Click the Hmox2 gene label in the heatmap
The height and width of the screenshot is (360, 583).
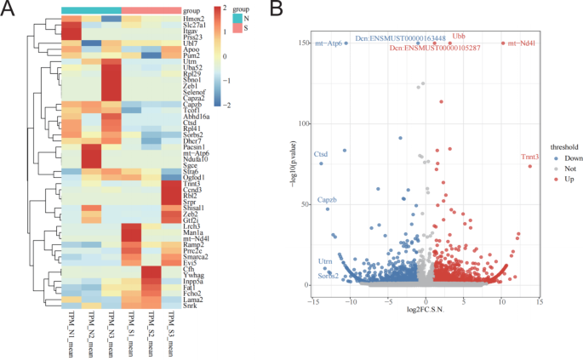point(193,18)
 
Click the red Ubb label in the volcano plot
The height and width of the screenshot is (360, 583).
point(458,37)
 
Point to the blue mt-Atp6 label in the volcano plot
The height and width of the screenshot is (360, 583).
point(329,43)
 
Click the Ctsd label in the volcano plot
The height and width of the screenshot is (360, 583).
point(321,154)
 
